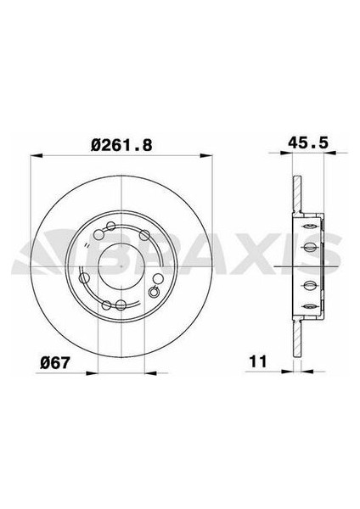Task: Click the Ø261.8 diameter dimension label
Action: coord(121,145)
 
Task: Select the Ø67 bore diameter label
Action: coord(55,362)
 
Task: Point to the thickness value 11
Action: coord(258,361)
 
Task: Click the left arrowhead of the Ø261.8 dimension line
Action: coord(37,156)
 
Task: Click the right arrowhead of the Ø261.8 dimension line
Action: coord(206,156)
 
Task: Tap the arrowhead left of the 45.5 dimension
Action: coord(287,152)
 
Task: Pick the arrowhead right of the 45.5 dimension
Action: coord(330,152)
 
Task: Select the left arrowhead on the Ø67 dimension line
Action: coord(92,373)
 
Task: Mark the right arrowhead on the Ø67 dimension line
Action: coord(151,373)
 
